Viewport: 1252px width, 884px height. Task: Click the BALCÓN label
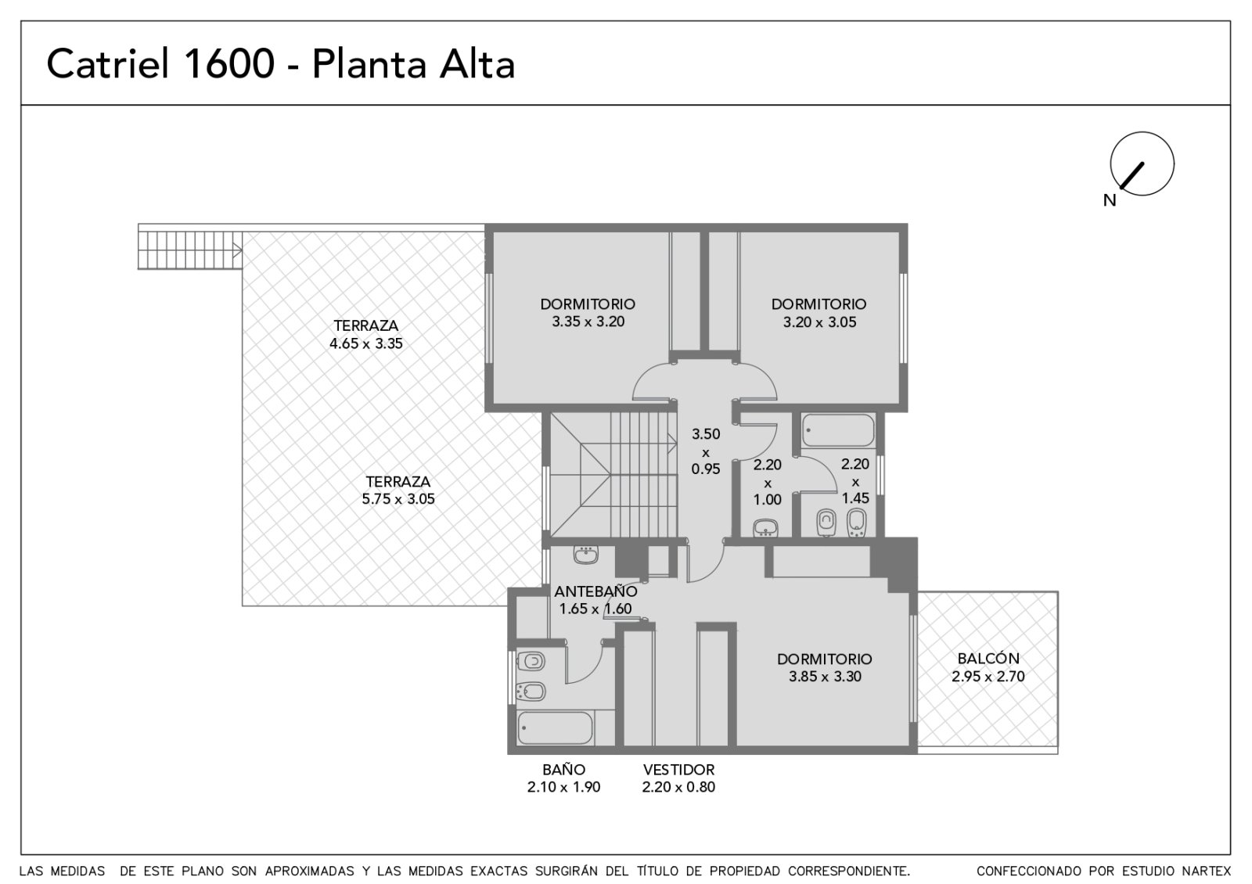pyautogui.click(x=988, y=658)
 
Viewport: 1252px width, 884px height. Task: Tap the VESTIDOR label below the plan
pyautogui.click(x=678, y=770)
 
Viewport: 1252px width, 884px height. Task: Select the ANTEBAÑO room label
pyautogui.click(x=595, y=591)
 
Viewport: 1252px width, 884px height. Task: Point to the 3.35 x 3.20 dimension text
pyautogui.click(x=588, y=322)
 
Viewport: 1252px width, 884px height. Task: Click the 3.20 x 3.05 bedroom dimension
pyautogui.click(x=819, y=322)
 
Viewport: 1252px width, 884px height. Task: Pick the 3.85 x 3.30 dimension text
pyautogui.click(x=825, y=676)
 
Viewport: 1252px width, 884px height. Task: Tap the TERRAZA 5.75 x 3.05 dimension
pyautogui.click(x=398, y=498)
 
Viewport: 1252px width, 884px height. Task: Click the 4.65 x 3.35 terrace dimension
pyautogui.click(x=366, y=343)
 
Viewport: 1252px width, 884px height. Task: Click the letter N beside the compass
pyautogui.click(x=1110, y=200)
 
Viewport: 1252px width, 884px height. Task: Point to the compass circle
pyautogui.click(x=1142, y=132)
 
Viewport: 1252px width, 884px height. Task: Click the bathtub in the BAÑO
pyautogui.click(x=555, y=728)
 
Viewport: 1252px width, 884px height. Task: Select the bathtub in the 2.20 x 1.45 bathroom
pyautogui.click(x=838, y=430)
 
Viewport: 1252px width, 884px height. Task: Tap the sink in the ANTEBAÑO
pyautogui.click(x=586, y=555)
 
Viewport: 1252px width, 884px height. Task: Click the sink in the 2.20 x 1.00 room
pyautogui.click(x=765, y=527)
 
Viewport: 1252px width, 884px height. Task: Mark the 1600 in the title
pyautogui.click(x=228, y=63)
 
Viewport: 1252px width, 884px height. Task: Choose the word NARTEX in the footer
pyautogui.click(x=1206, y=871)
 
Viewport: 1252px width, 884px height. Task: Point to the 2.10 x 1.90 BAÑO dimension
pyautogui.click(x=563, y=787)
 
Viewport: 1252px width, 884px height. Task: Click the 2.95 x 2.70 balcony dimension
pyautogui.click(x=988, y=676)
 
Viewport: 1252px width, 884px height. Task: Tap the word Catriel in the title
pyautogui.click(x=107, y=63)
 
